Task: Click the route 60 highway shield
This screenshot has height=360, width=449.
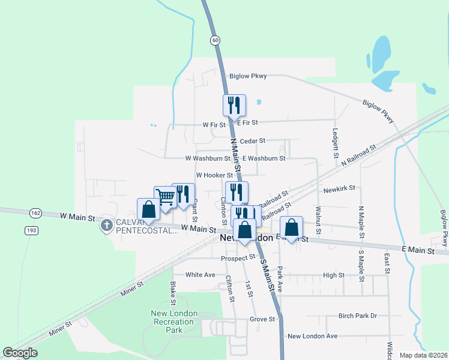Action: point(215,40)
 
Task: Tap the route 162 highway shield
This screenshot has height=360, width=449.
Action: point(34,213)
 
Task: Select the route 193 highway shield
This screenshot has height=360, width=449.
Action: point(31,230)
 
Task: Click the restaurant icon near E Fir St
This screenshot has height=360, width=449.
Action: point(234,105)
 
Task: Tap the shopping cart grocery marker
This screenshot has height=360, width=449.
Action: point(165,197)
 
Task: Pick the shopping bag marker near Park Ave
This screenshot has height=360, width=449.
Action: point(291,228)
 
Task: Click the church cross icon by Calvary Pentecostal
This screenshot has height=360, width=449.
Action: point(107,226)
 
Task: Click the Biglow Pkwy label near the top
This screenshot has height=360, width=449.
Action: point(248,76)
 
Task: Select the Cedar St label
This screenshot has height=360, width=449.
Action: point(252,141)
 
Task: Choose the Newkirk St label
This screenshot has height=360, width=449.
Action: point(340,190)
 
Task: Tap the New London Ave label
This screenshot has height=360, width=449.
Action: point(312,337)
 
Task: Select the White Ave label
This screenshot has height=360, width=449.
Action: point(200,275)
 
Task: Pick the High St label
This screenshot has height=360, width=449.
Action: point(333,275)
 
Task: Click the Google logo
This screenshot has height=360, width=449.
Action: point(20,353)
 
